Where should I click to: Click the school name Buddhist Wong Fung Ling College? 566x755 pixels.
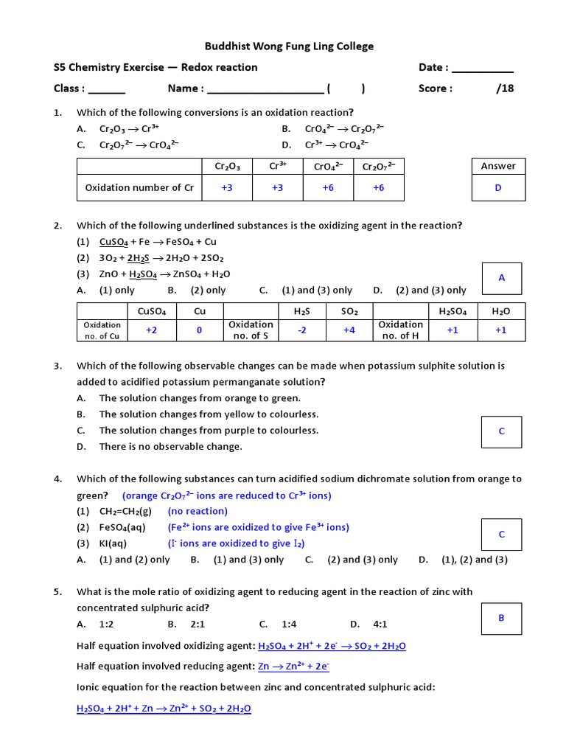pos(290,46)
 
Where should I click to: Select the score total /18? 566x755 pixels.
pos(505,88)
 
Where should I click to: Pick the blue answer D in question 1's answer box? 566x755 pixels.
pos(498,188)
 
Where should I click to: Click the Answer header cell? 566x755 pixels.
pos(498,166)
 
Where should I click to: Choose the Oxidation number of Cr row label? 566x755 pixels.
pos(139,188)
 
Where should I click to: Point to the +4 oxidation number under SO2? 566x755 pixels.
pos(349,330)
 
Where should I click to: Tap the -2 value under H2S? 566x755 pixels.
pos(301,330)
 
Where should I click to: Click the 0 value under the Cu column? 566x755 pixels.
pos(199,330)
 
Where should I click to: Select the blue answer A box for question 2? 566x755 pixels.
pos(502,278)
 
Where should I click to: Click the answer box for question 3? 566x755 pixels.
pos(502,431)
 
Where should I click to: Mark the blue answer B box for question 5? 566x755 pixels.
pos(501,618)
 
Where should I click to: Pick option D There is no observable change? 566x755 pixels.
pos(170,446)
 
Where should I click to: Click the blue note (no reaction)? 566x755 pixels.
pos(198,511)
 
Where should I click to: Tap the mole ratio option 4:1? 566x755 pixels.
pos(380,624)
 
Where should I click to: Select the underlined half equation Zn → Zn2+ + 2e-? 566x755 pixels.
pos(293,667)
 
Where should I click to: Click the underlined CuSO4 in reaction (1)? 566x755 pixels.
pos(113,242)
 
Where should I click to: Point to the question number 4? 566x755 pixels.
pos(57,479)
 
